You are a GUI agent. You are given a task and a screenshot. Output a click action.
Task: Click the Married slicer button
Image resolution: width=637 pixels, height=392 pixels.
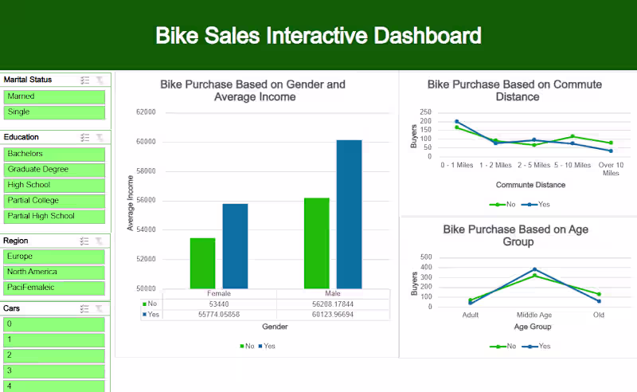click(x=55, y=96)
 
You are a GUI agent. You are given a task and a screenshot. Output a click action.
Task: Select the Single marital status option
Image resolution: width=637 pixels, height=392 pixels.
click(x=55, y=112)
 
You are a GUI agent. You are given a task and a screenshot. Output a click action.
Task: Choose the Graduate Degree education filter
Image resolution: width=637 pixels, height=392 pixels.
click(x=55, y=169)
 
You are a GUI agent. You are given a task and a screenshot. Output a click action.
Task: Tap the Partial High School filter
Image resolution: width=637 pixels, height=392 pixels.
click(x=55, y=216)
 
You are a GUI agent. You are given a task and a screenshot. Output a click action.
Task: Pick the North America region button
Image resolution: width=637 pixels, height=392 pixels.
click(x=55, y=272)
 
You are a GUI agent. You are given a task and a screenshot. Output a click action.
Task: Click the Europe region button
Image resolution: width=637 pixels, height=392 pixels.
click(x=55, y=257)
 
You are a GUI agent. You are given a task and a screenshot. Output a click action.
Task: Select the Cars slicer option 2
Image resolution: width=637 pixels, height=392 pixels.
click(x=55, y=355)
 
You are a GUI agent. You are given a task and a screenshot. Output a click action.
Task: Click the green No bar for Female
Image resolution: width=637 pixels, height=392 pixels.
click(x=202, y=263)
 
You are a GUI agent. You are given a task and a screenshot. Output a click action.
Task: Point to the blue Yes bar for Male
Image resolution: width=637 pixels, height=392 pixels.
click(x=349, y=214)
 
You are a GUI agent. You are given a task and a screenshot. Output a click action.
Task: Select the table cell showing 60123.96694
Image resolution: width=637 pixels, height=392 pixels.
click(x=333, y=314)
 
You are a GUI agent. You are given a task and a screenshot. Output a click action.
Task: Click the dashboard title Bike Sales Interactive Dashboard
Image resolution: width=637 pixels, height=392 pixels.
click(x=318, y=36)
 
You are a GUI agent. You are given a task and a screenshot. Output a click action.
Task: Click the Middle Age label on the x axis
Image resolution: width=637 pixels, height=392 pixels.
click(x=533, y=315)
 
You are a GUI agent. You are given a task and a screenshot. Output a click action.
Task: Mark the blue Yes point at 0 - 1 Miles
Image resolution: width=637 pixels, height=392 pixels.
click(x=457, y=122)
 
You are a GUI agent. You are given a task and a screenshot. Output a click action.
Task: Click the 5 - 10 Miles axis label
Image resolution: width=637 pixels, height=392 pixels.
click(x=573, y=165)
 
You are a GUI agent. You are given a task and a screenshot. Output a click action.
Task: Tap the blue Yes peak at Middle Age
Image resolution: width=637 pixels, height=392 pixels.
click(x=534, y=269)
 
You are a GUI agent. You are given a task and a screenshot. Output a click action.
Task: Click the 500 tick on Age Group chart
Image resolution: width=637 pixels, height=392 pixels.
click(x=425, y=258)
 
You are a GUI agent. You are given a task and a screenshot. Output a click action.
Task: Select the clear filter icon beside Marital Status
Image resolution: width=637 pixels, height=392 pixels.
click(x=100, y=80)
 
